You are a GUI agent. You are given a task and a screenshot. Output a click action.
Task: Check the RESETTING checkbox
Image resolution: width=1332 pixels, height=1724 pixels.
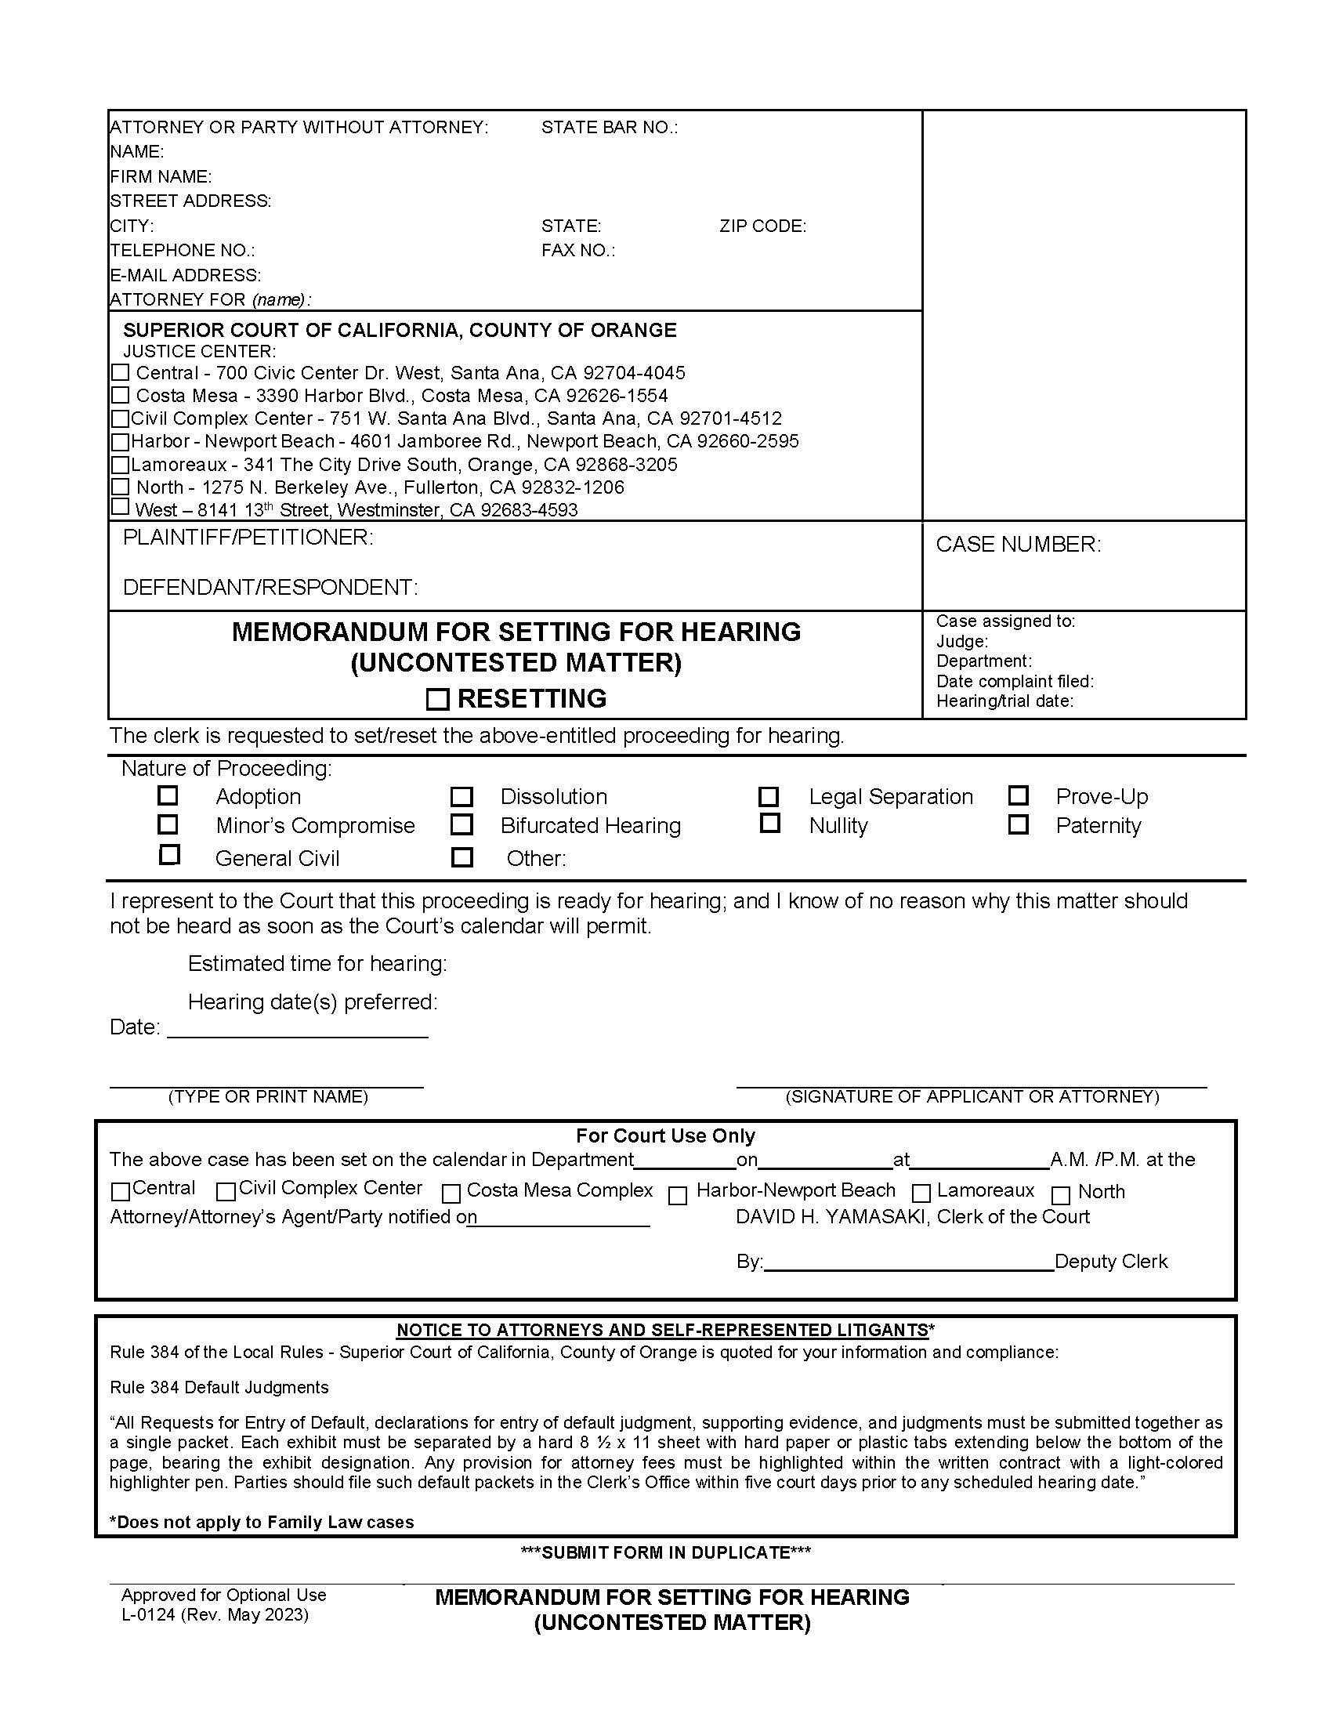(437, 699)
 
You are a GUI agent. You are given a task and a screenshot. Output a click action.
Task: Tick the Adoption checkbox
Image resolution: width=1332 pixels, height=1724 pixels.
(168, 795)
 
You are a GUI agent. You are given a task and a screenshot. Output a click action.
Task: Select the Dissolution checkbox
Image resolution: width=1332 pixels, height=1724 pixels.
(461, 796)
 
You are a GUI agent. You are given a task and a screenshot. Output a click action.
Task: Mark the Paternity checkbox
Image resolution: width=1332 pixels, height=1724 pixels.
(1018, 825)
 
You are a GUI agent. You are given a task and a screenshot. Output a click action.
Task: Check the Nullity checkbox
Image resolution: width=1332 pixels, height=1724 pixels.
(769, 824)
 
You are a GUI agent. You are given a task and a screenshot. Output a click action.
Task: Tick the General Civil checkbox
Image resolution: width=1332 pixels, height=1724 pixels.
(170, 855)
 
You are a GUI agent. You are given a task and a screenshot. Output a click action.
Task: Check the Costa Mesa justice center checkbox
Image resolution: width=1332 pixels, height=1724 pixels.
(120, 395)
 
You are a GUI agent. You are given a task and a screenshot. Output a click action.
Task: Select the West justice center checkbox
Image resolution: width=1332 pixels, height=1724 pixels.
(120, 507)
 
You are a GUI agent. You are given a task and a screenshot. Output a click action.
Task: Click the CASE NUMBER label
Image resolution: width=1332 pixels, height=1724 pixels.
(1017, 544)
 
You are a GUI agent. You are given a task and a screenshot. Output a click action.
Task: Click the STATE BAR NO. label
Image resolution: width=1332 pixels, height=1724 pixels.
(609, 127)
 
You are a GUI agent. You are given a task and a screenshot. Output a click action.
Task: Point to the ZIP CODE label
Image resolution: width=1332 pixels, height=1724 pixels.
(762, 226)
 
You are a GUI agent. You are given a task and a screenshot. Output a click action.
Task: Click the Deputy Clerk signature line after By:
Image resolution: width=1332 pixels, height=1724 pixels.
(908, 1263)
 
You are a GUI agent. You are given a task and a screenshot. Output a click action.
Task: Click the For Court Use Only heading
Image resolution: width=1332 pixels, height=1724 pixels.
(665, 1136)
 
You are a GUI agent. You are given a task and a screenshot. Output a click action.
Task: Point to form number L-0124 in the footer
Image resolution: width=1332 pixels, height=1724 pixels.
(148, 1615)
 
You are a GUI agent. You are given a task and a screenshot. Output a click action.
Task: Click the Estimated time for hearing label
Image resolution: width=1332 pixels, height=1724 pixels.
(317, 963)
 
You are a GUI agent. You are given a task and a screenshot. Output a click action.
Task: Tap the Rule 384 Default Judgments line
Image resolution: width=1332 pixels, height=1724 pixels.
(219, 1387)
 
